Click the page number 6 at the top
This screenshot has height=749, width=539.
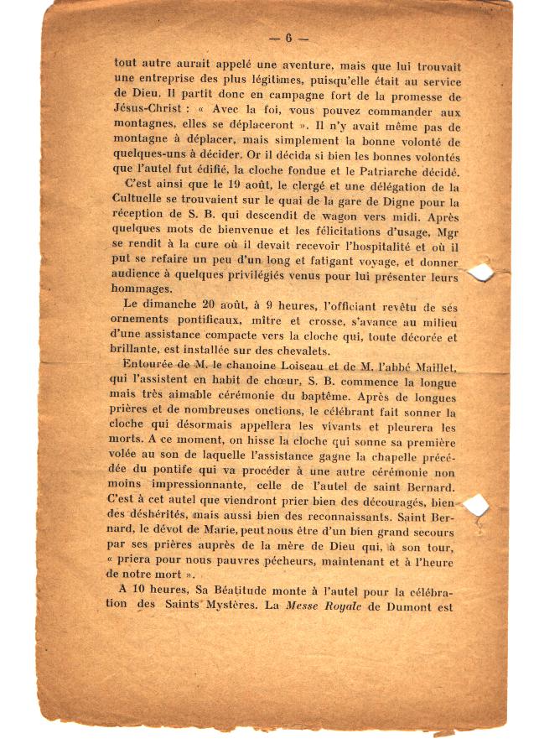288,38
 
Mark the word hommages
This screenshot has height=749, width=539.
138,287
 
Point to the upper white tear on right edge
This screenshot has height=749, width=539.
480,272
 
